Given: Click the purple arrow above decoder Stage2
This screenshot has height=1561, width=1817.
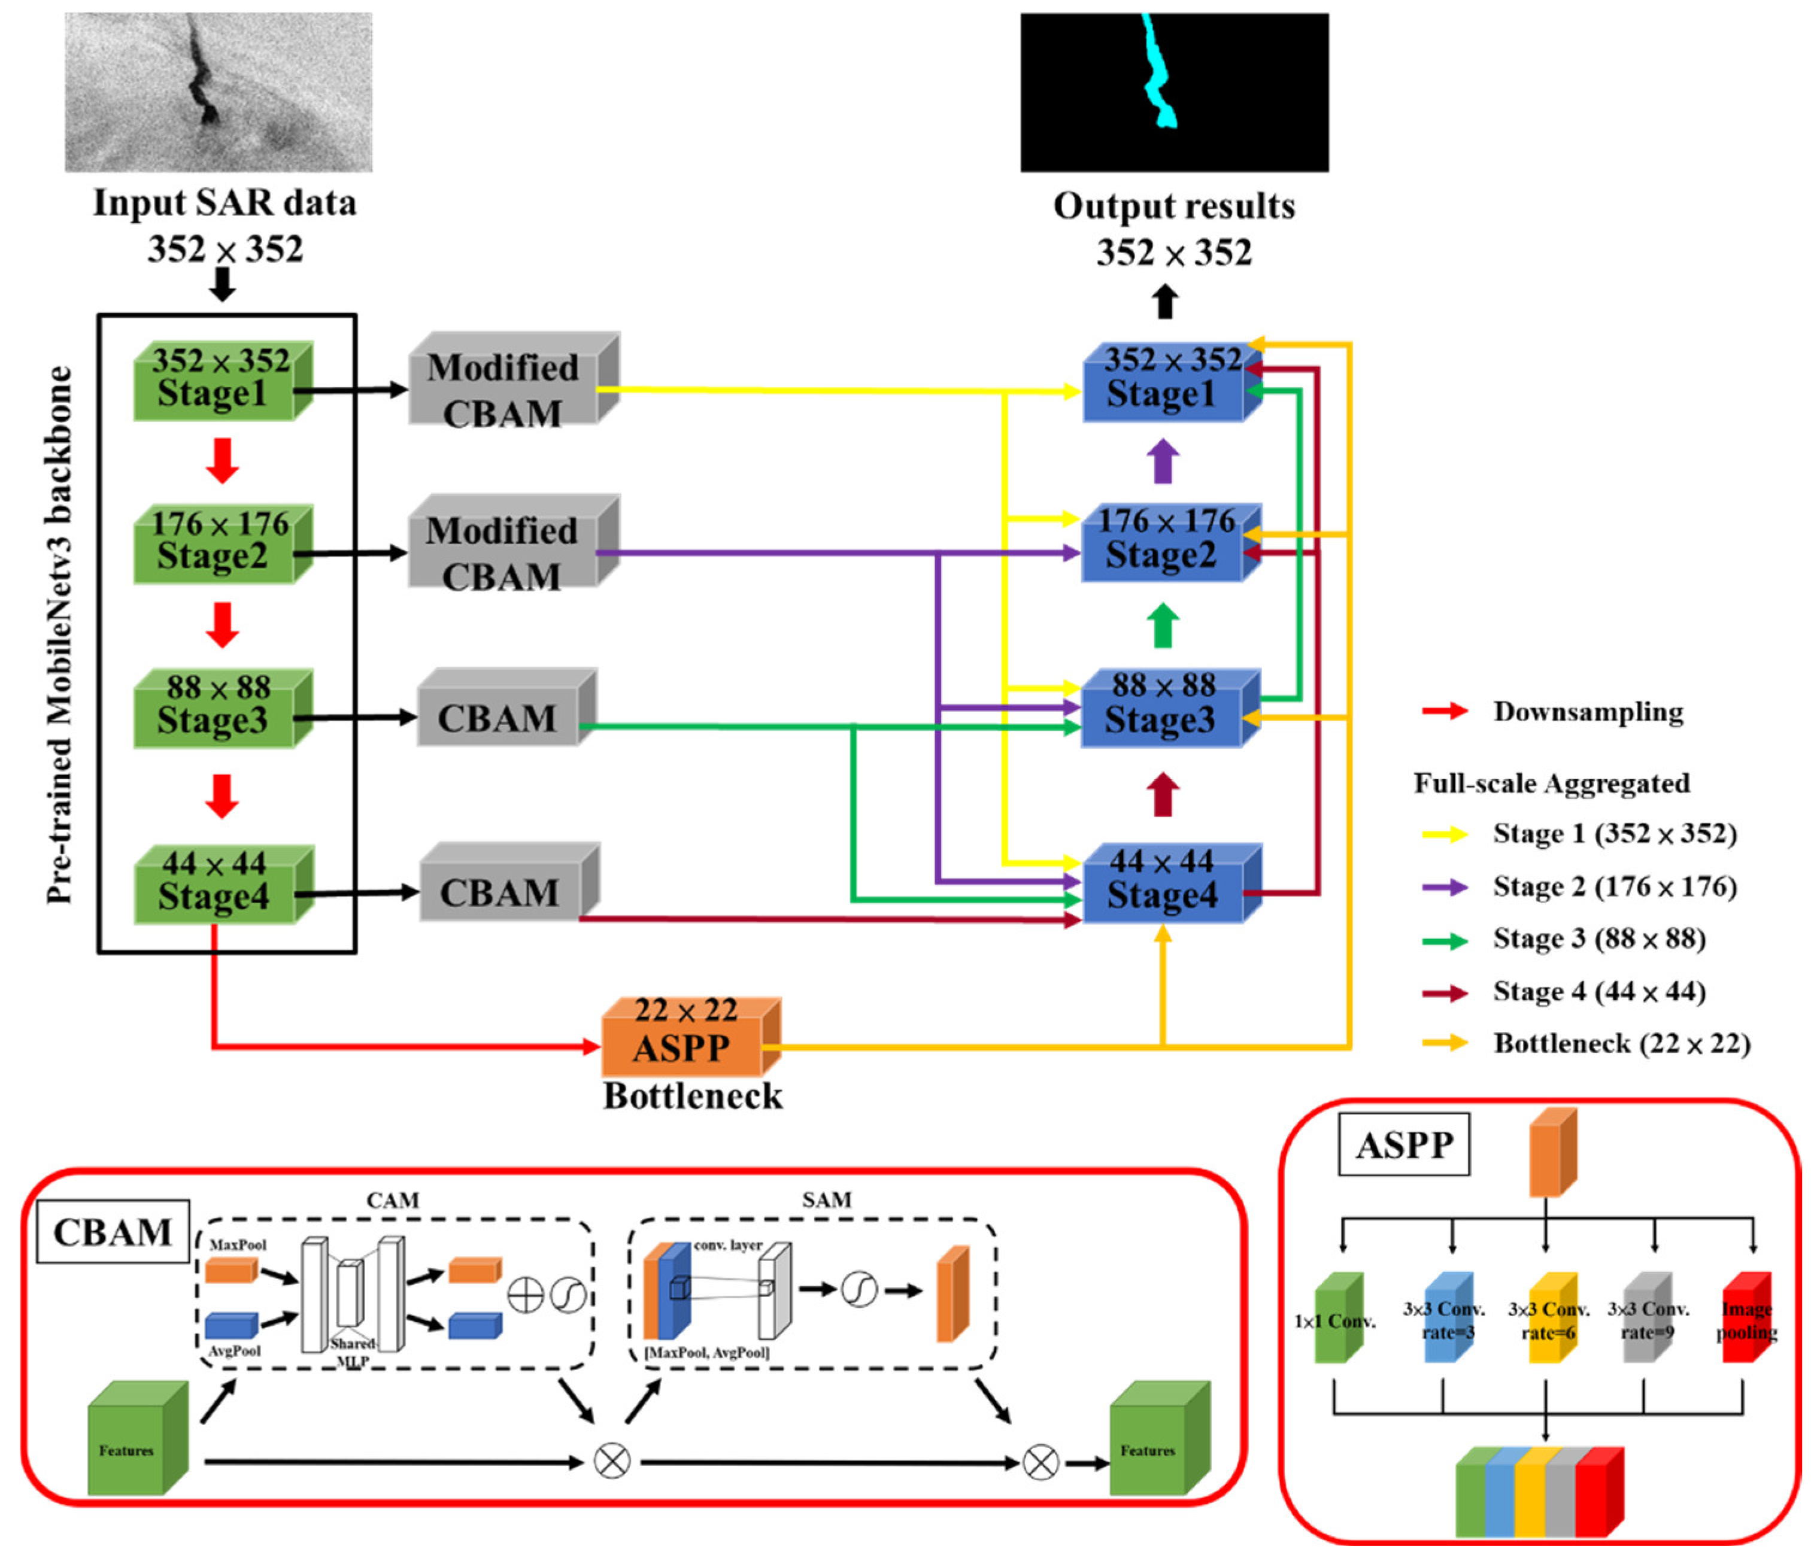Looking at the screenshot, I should pyautogui.click(x=1164, y=460).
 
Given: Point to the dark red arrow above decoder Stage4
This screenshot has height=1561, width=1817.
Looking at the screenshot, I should pyautogui.click(x=1164, y=794).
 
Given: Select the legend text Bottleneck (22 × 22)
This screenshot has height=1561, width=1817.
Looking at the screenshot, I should pyautogui.click(x=1621, y=1044).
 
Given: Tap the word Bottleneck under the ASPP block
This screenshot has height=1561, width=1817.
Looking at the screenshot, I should pyautogui.click(x=693, y=1096).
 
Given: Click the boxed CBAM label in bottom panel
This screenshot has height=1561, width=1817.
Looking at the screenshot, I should pyautogui.click(x=112, y=1232).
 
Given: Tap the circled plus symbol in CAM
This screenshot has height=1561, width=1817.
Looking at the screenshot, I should pyautogui.click(x=525, y=1295).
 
